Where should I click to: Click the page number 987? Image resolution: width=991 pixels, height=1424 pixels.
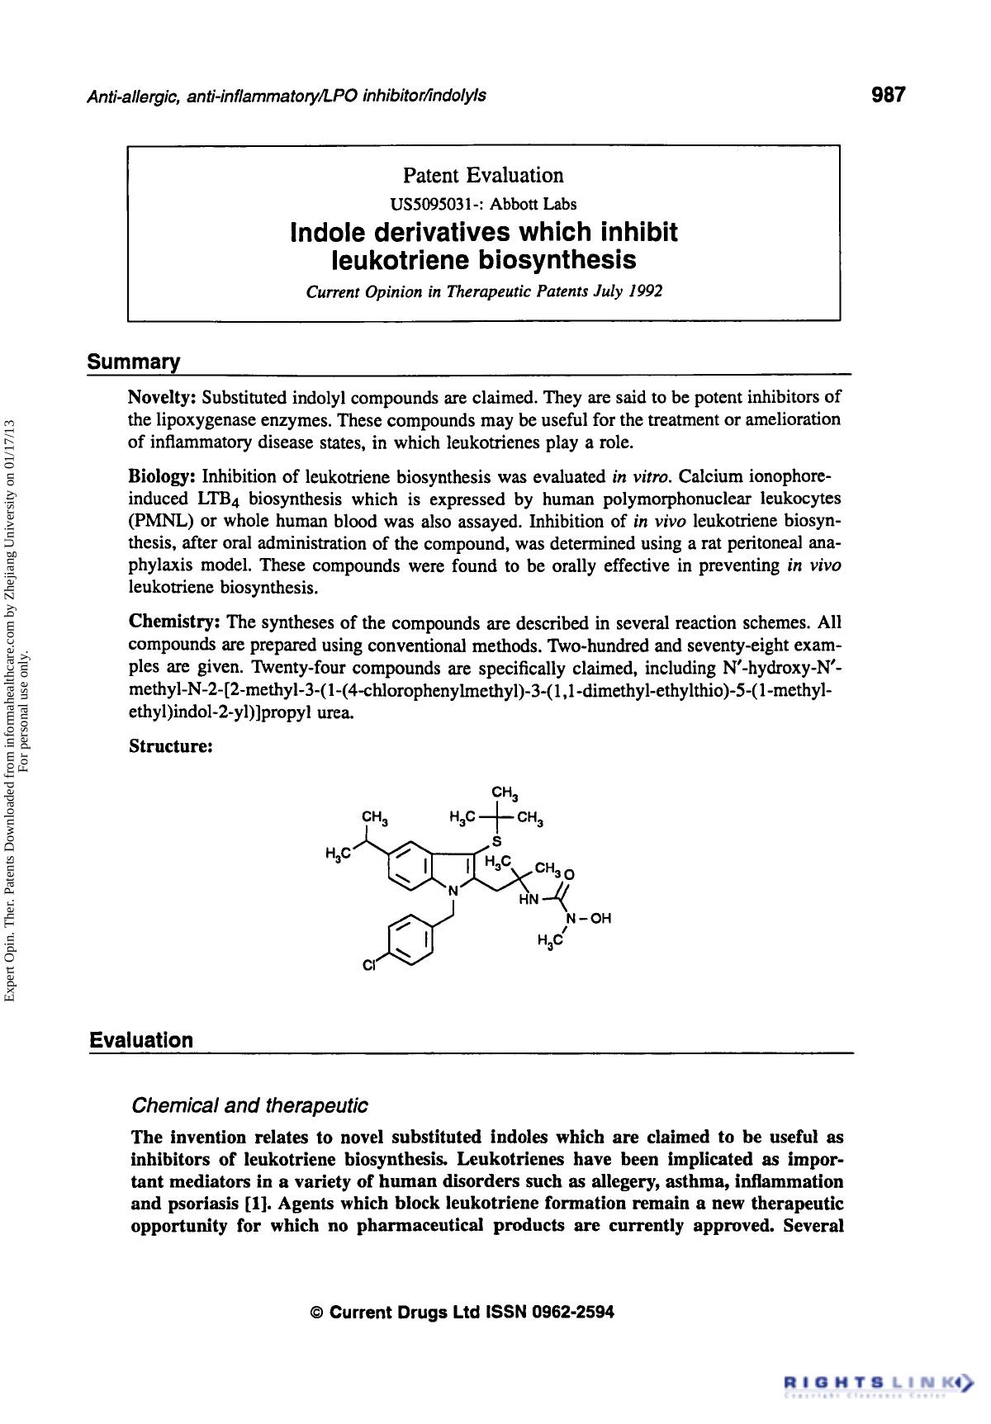point(889,95)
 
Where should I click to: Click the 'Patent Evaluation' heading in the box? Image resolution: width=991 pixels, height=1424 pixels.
point(483,175)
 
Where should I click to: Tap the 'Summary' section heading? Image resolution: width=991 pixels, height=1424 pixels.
point(134,362)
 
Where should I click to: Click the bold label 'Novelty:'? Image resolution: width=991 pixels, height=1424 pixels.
point(162,397)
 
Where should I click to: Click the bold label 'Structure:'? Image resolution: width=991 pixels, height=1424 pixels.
point(172,746)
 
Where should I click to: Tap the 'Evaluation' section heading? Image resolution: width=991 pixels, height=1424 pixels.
point(141,1040)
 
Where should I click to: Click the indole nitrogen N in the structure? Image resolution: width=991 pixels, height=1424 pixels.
point(452,891)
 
